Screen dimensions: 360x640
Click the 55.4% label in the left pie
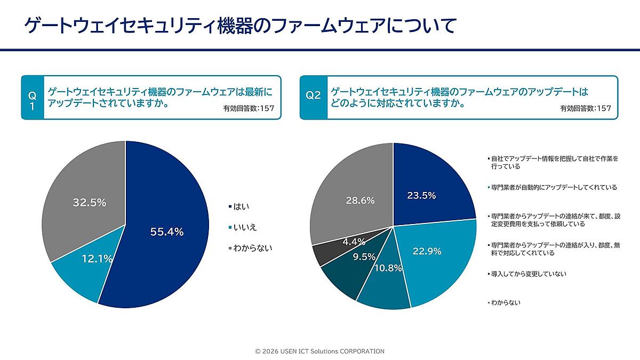pos(167,232)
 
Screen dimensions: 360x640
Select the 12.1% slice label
pos(97,259)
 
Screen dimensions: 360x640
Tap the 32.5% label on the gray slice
pos(89,203)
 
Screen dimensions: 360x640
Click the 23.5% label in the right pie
pos(421,195)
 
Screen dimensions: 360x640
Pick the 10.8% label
pos(388,268)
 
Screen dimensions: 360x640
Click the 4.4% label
pos(353,242)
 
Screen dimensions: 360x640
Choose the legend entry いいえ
pos(245,227)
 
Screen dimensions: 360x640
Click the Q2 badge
pos(313,96)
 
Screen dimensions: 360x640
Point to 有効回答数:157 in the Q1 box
pos(248,108)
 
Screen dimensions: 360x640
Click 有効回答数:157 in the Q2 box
pos(585,108)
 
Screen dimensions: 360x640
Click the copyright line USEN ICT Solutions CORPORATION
pos(319,351)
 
